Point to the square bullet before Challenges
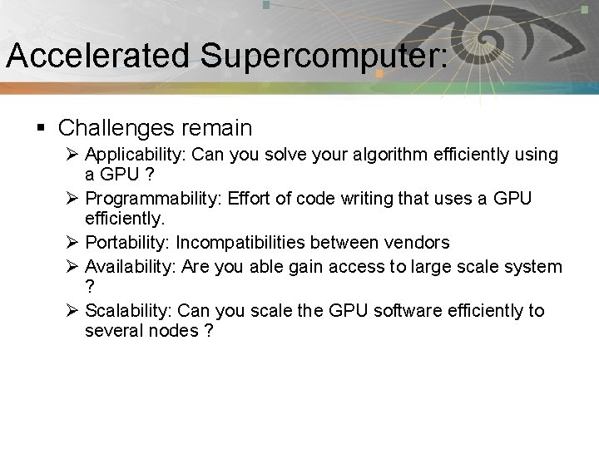pyautogui.click(x=41, y=128)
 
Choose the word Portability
pyautogui.click(x=127, y=244)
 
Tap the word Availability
pyautogui.click(x=132, y=266)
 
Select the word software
pyautogui.click(x=411, y=311)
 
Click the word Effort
pyautogui.click(x=247, y=200)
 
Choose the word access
pyautogui.click(x=371, y=266)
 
